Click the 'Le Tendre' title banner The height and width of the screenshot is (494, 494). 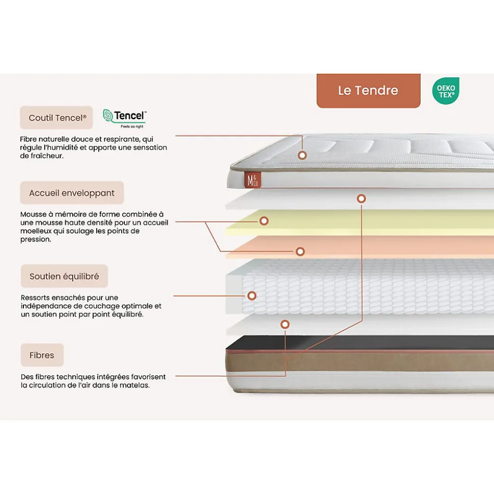[x=368, y=91]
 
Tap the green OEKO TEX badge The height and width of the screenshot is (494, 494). [x=446, y=91]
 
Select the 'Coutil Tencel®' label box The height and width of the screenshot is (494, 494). [x=57, y=118]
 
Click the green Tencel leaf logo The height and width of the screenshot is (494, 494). [x=108, y=117]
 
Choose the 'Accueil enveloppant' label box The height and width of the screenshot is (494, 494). [x=72, y=193]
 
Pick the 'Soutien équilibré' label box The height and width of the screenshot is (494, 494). [x=64, y=276]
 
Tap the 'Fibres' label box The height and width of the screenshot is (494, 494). [x=42, y=355]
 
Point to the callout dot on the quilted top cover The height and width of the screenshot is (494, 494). [x=302, y=155]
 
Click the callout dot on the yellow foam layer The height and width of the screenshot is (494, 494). [x=264, y=221]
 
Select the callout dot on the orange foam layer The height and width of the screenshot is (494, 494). [x=300, y=251]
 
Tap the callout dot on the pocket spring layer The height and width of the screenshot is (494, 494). [x=252, y=296]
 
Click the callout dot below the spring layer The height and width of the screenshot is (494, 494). [x=285, y=324]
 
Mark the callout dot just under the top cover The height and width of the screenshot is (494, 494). [x=361, y=198]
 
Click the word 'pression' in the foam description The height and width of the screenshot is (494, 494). [x=35, y=239]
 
